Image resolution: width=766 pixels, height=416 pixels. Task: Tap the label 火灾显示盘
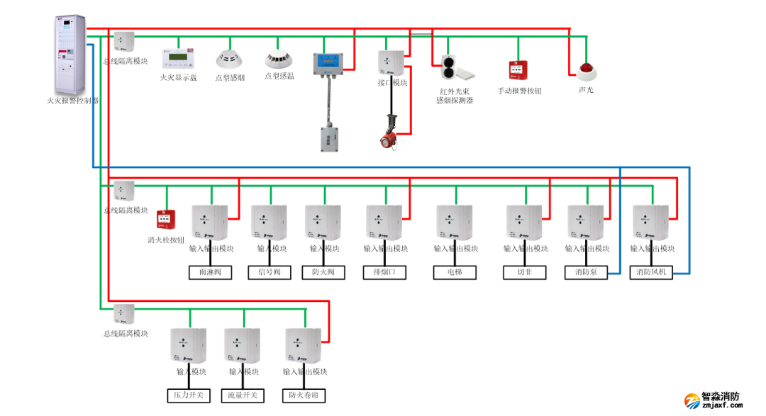click(x=178, y=77)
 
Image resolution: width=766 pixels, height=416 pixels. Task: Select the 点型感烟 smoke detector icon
click(x=228, y=58)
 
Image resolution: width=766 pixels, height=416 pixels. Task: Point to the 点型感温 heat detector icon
click(x=278, y=58)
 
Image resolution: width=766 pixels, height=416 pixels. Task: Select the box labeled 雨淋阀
click(x=210, y=272)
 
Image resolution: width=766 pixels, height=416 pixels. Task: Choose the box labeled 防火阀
click(x=323, y=272)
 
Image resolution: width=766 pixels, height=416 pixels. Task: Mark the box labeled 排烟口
click(x=385, y=272)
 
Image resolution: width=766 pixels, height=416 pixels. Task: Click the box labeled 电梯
click(x=454, y=272)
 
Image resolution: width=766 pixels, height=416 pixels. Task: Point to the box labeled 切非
click(x=525, y=272)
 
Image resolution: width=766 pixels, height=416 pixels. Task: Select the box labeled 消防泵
click(x=587, y=272)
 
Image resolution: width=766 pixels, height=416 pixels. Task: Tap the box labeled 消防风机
click(x=652, y=272)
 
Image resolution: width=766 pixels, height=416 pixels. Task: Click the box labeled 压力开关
click(x=189, y=395)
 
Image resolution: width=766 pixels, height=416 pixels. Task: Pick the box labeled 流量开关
click(x=243, y=395)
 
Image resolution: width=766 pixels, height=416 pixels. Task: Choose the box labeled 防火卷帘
click(x=304, y=395)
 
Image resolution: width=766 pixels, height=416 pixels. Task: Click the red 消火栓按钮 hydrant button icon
click(x=166, y=219)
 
